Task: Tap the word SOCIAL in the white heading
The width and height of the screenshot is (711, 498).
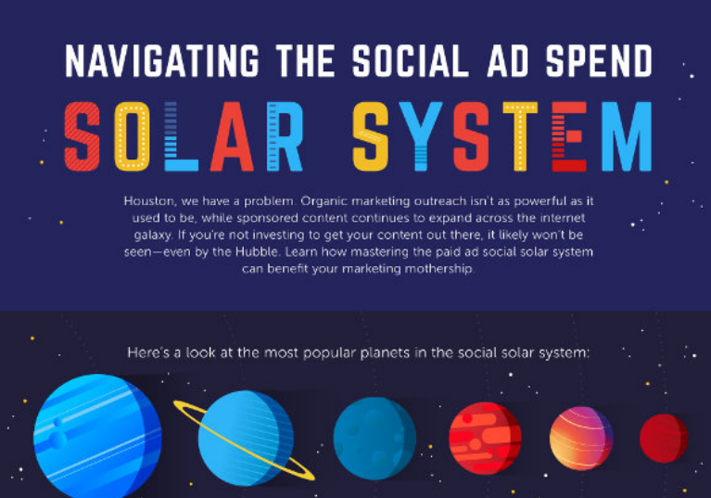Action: tap(411, 61)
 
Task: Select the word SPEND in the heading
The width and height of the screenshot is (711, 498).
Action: tap(599, 61)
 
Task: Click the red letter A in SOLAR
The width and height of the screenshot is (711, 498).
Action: tap(231, 136)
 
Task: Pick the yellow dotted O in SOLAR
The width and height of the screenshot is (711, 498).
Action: tap(132, 136)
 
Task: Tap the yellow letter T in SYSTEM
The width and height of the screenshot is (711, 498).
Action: tap(520, 136)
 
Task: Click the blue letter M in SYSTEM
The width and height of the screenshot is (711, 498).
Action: tap(627, 136)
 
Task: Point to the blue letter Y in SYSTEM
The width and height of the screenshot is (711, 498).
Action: tap(421, 136)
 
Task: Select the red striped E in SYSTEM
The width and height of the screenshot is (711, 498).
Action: tap(569, 136)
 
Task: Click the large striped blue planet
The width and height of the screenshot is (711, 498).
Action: tap(97, 438)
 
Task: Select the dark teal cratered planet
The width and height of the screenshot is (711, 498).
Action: tap(375, 439)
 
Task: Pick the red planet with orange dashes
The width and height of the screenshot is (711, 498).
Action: tap(485, 438)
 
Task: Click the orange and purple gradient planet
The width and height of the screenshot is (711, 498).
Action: tap(581, 438)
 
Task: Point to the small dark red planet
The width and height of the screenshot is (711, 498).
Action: tap(664, 438)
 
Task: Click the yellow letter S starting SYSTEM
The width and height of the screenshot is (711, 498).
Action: tap(371, 136)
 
